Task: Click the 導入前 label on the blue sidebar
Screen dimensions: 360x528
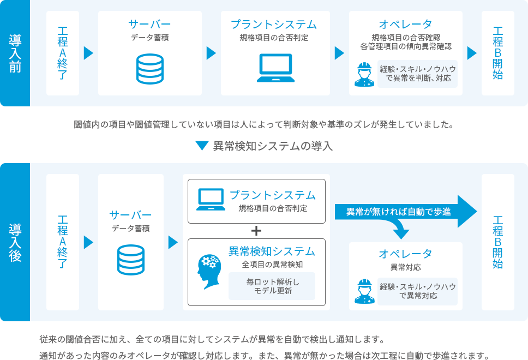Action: [x=15, y=53]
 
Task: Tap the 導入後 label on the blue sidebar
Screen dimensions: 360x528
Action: [x=15, y=242]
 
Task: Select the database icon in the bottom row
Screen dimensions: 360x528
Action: [x=131, y=260]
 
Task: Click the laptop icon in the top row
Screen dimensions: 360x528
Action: [x=275, y=68]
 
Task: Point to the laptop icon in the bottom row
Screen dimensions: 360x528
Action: [x=211, y=200]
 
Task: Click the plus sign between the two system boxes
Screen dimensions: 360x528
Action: [x=256, y=230]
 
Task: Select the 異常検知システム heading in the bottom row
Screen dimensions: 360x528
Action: [x=272, y=251]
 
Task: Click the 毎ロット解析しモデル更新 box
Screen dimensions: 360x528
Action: [x=272, y=286]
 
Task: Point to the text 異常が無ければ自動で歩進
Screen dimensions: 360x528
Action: [x=399, y=212]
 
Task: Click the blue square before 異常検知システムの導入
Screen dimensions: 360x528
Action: [x=202, y=146]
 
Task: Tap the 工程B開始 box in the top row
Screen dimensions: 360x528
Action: [x=497, y=53]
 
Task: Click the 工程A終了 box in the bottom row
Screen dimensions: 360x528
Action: [x=63, y=242]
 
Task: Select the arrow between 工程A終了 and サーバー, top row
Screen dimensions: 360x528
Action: [x=88, y=53]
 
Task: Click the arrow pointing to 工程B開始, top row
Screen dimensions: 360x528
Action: [x=472, y=53]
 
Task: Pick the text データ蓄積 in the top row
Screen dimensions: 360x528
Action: [x=149, y=38]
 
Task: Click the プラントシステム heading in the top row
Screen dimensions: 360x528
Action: [x=273, y=25]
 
